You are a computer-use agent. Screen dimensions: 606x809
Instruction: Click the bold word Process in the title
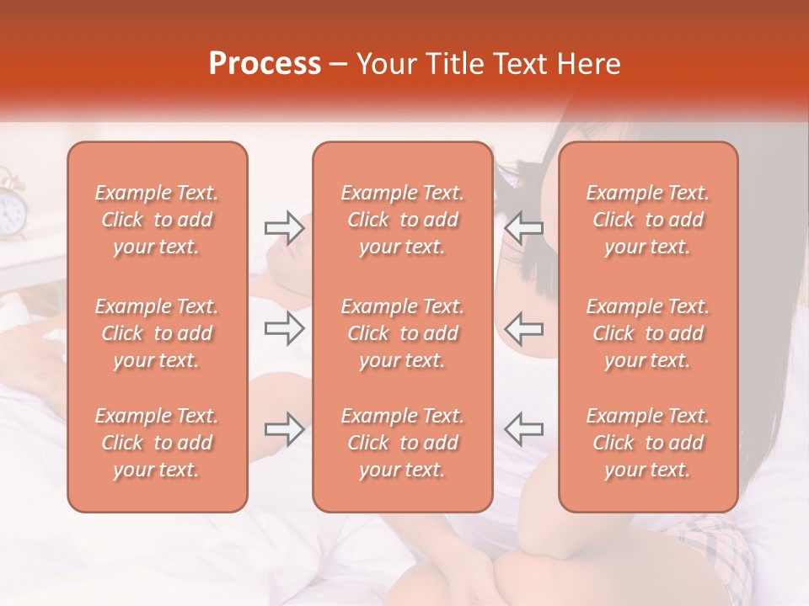[265, 64]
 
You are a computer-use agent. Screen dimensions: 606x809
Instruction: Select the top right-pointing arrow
[284, 227]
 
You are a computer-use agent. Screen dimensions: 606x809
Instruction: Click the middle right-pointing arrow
[284, 328]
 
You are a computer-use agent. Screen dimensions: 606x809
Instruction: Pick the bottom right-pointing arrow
[284, 429]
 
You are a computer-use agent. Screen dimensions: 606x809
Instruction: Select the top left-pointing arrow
[523, 227]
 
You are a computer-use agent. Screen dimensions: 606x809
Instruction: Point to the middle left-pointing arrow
[523, 328]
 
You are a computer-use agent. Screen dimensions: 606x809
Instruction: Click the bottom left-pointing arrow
[523, 429]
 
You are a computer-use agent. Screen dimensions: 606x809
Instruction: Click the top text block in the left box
[157, 220]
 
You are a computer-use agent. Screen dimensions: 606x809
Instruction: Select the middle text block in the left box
[157, 333]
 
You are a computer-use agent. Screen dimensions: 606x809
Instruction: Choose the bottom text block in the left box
[157, 443]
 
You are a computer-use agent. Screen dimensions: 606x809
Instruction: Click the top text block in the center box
[402, 220]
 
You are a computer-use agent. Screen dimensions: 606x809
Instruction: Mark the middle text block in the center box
[402, 333]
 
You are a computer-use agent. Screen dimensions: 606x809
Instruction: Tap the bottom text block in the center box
[402, 443]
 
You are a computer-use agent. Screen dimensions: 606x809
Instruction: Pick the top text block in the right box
[647, 220]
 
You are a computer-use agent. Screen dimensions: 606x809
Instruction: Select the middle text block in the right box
[647, 333]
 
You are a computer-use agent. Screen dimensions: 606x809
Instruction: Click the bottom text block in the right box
[647, 443]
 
